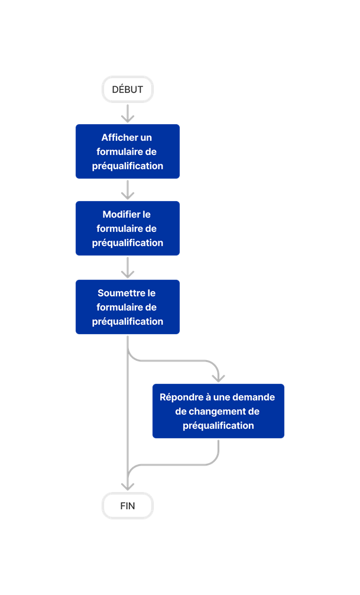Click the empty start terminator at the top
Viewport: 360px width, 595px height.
(x=128, y=90)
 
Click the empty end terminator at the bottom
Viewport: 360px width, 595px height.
(x=128, y=506)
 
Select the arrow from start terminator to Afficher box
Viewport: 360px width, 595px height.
(x=128, y=114)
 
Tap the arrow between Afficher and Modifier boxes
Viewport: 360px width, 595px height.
(x=128, y=190)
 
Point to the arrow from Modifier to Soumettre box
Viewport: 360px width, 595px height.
(x=128, y=267)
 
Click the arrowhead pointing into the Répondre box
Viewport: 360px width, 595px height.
(x=219, y=377)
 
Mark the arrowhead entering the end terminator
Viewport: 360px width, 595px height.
(x=128, y=484)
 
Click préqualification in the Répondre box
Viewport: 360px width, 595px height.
(x=218, y=426)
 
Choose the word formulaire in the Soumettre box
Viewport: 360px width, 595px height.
(x=120, y=308)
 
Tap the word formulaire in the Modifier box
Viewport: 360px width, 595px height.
(x=120, y=229)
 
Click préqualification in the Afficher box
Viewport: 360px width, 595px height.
(x=128, y=166)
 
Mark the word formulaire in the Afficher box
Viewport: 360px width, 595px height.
(x=120, y=152)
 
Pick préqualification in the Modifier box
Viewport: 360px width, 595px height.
(x=128, y=243)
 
